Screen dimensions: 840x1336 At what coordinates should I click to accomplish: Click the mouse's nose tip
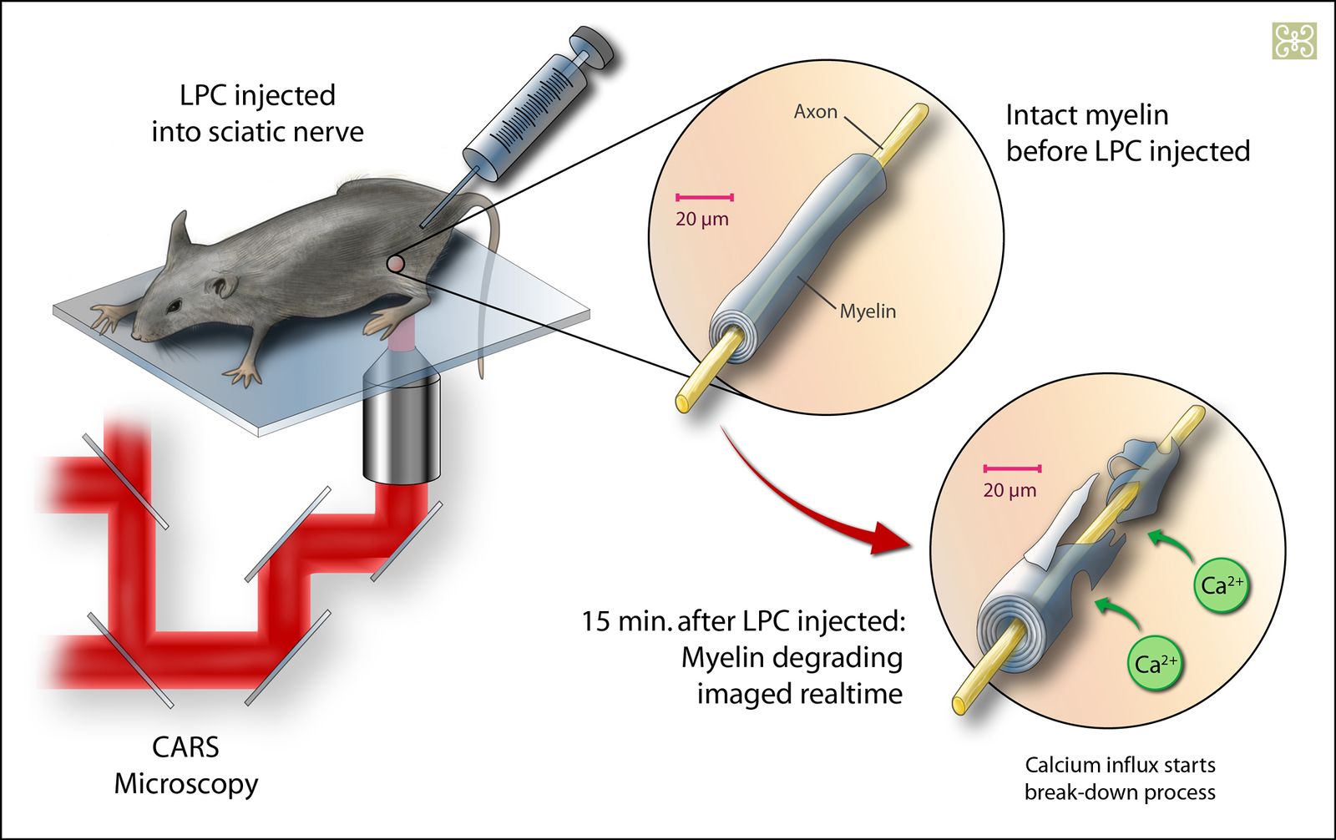(x=137, y=335)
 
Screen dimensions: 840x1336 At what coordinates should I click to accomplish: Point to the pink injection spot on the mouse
(x=397, y=264)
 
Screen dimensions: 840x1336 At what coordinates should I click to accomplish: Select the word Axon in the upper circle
(x=815, y=112)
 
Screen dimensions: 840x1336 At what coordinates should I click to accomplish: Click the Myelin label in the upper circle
(x=868, y=311)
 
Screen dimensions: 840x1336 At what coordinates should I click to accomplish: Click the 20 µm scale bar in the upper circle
(x=705, y=198)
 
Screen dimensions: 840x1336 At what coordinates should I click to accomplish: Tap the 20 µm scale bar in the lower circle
(x=1012, y=469)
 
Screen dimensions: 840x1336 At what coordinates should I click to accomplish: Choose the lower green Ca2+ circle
(x=1156, y=664)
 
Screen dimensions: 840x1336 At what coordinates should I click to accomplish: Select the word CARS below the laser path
(x=185, y=746)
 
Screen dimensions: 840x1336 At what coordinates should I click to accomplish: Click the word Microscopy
(x=185, y=784)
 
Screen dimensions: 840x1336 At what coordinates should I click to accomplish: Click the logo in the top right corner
(x=1294, y=41)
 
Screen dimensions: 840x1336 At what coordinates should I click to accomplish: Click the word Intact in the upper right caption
(x=1042, y=115)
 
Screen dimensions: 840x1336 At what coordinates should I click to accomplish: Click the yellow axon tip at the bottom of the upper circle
(x=684, y=402)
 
